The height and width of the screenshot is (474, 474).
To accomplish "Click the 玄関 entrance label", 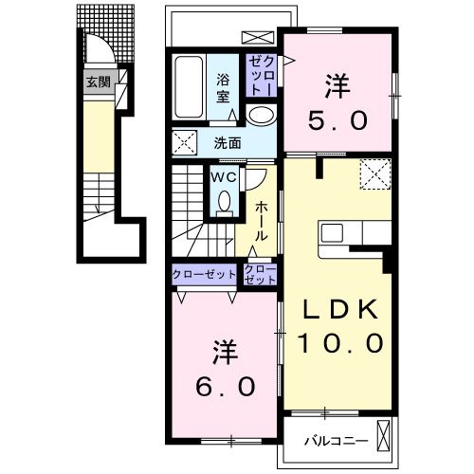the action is [99, 82].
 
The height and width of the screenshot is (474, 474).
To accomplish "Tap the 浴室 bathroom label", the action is [223, 88].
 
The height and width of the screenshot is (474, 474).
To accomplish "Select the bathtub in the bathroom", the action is [189, 87].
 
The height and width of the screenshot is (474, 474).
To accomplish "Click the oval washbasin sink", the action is [261, 115].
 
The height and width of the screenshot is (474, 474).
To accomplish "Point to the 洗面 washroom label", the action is [228, 143].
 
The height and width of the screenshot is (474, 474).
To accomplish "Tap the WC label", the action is [224, 177].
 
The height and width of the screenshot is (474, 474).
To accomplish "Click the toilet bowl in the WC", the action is [225, 201].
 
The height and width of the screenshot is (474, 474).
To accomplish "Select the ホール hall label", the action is [262, 221].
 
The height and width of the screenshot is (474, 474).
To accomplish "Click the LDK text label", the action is [340, 309].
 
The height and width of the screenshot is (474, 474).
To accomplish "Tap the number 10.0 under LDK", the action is [340, 343].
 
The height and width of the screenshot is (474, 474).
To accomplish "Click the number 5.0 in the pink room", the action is [338, 120].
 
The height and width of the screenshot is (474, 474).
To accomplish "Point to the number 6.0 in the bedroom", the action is [225, 387].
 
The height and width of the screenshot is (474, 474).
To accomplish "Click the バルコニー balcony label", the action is [337, 441].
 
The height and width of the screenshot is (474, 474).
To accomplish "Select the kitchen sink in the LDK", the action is [332, 233].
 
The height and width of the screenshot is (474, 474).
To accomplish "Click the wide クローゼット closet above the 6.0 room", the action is [204, 274].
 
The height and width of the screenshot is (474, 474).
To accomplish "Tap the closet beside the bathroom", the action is [261, 76].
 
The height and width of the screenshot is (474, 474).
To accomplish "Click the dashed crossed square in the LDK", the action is [375, 174].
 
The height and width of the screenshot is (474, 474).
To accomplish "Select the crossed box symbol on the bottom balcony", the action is [384, 436].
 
